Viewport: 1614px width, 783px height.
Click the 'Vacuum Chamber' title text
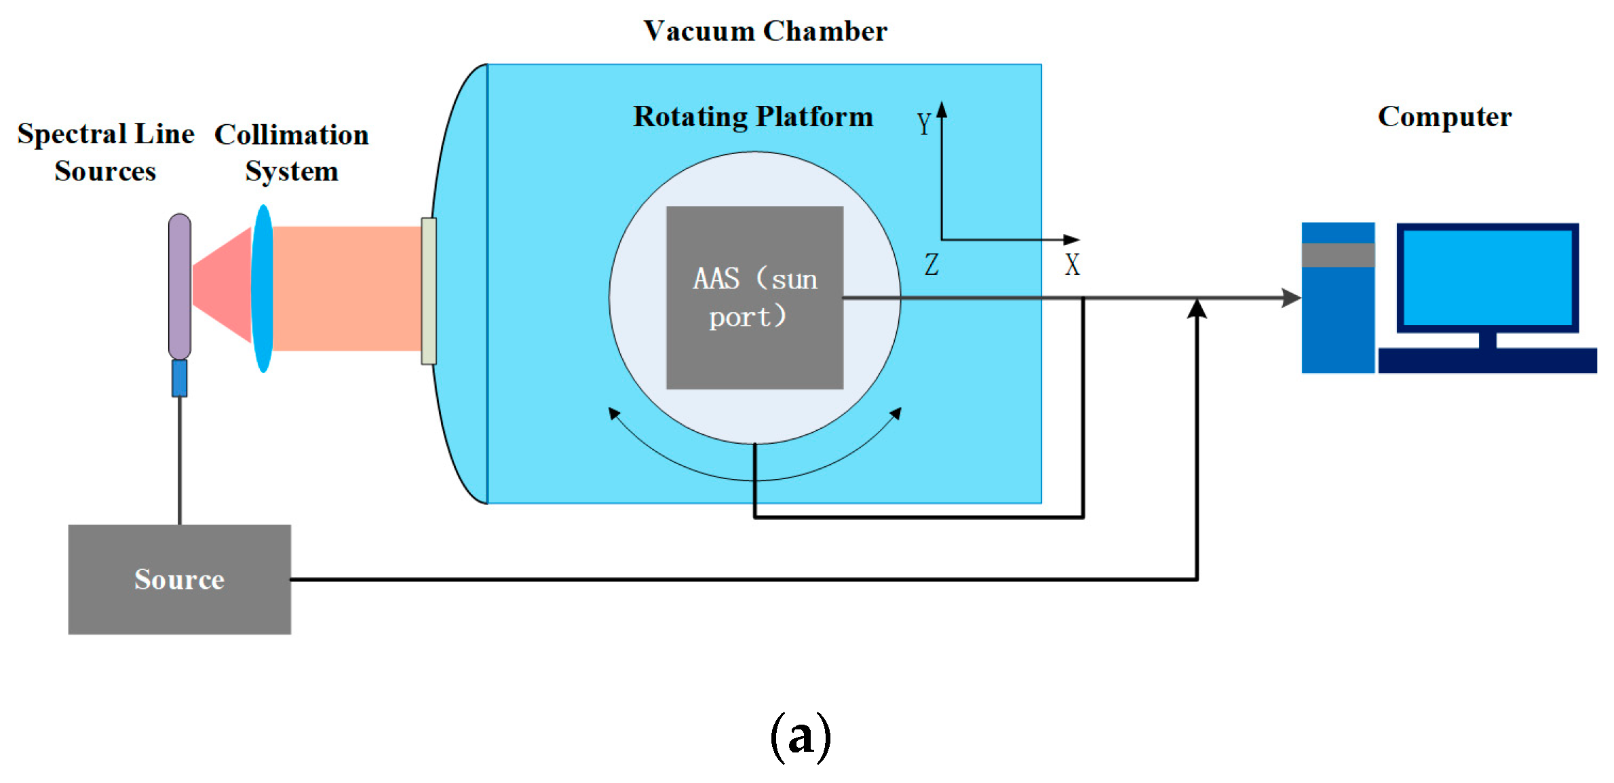pyautogui.click(x=765, y=31)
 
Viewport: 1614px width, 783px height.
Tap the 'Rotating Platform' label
pyautogui.click(x=752, y=117)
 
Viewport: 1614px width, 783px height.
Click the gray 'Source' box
pyautogui.click(x=179, y=579)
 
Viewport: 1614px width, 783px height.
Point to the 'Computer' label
pyautogui.click(x=1444, y=117)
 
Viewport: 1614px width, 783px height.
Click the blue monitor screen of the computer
pyautogui.click(x=1487, y=277)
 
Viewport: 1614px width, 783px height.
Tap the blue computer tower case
pyautogui.click(x=1337, y=319)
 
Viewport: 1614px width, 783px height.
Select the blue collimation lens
pyautogui.click(x=263, y=288)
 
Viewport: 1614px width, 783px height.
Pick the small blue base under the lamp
pyautogui.click(x=179, y=378)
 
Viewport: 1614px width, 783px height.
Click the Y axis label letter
pyautogui.click(x=923, y=124)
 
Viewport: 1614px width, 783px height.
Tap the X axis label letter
pyautogui.click(x=1072, y=265)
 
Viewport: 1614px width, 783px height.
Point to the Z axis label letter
pyautogui.click(x=931, y=265)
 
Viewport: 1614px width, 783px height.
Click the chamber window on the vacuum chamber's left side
pyautogui.click(x=428, y=290)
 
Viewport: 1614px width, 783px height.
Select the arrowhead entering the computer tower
pyautogui.click(x=1290, y=297)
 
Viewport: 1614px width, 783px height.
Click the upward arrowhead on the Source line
pyautogui.click(x=1197, y=309)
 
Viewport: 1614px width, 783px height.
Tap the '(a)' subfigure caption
pyautogui.click(x=801, y=736)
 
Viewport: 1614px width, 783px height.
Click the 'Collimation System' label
pyautogui.click(x=292, y=153)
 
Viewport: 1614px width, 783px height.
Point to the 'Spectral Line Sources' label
pyautogui.click(x=105, y=152)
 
